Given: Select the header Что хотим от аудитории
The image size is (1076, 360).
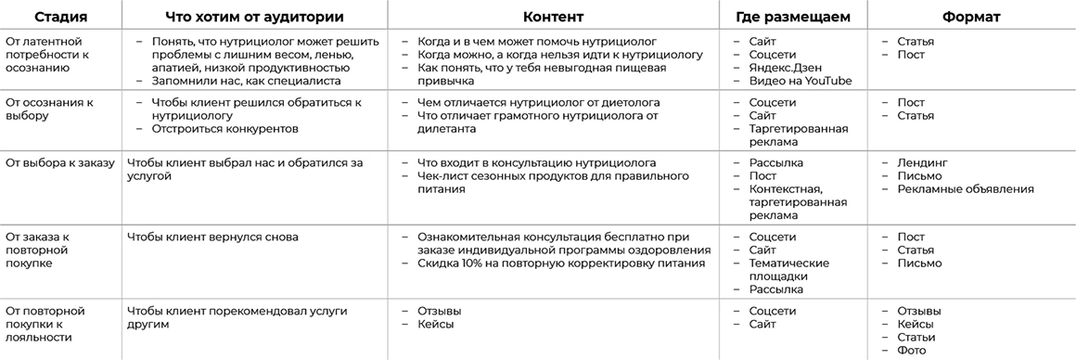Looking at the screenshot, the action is click(x=253, y=17).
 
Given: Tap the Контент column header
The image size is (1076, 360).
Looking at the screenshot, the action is click(x=553, y=17).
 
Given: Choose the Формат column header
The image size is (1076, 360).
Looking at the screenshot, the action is click(x=971, y=17).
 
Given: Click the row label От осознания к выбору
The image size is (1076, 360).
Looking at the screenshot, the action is click(x=51, y=109).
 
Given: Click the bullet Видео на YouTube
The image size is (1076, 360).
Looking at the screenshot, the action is click(x=801, y=81).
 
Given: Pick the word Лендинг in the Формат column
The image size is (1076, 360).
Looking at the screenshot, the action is click(x=922, y=163).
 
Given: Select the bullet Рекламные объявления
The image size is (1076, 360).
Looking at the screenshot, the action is click(x=966, y=189).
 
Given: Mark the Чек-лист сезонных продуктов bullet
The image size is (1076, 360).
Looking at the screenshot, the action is click(x=552, y=176).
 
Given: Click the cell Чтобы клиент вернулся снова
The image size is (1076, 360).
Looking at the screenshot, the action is click(x=212, y=238).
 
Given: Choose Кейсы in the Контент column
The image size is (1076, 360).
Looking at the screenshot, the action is click(x=436, y=324).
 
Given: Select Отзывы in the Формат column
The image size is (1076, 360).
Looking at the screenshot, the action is click(x=919, y=311).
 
